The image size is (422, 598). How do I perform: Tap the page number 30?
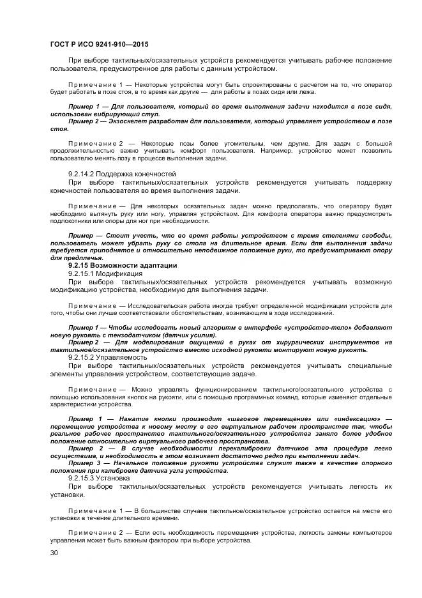point(54,553)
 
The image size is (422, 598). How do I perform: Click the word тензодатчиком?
point(146,335)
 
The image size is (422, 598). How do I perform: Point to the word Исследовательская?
point(159,305)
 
